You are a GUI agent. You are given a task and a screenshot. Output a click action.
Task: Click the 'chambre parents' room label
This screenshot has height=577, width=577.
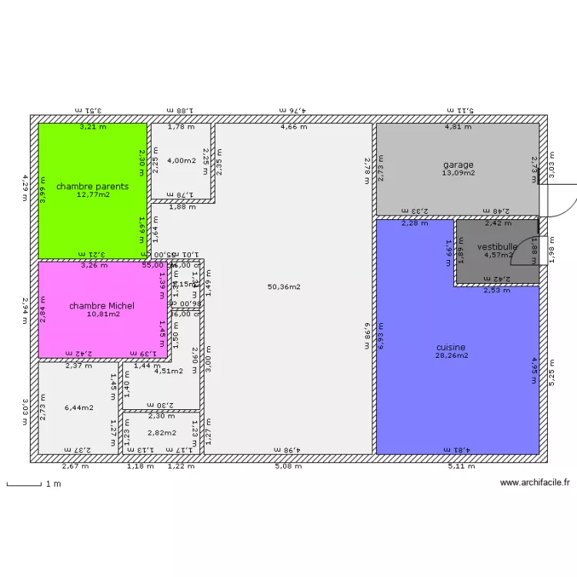[x=92, y=186]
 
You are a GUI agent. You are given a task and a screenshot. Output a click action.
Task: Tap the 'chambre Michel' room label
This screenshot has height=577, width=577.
[x=102, y=305]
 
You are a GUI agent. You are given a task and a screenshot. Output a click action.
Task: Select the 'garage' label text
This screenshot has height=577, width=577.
[x=458, y=165]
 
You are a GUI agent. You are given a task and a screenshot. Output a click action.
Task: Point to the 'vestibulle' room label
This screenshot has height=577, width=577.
[x=497, y=247]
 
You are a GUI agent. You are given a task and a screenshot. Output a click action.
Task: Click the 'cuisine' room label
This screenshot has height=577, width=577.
[x=452, y=348]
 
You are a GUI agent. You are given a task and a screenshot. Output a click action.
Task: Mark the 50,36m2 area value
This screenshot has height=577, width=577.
[x=284, y=287]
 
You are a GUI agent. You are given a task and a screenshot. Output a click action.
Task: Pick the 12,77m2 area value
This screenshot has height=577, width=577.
[x=93, y=195]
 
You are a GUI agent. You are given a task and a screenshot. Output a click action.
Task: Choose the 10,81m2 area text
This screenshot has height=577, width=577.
[x=103, y=314]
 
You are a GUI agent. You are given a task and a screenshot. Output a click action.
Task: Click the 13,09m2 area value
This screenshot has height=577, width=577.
[x=458, y=173]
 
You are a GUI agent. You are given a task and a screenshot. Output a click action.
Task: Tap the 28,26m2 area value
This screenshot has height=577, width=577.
[x=452, y=355]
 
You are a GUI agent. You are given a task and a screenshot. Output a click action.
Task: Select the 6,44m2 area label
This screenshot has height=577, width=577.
[x=79, y=407]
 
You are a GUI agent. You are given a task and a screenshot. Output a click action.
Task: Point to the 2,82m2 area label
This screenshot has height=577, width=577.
[x=162, y=433]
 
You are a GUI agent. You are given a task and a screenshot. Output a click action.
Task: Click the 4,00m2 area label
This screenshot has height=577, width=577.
[x=182, y=160]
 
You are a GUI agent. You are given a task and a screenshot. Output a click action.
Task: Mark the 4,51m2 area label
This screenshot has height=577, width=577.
[x=168, y=371]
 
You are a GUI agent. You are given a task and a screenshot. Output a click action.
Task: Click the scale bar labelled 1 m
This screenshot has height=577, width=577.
[x=24, y=485]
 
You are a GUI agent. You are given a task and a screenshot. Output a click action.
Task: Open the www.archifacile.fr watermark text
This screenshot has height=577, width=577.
[x=535, y=483]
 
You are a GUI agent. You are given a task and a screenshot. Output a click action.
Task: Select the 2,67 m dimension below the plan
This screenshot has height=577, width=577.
[x=75, y=466]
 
